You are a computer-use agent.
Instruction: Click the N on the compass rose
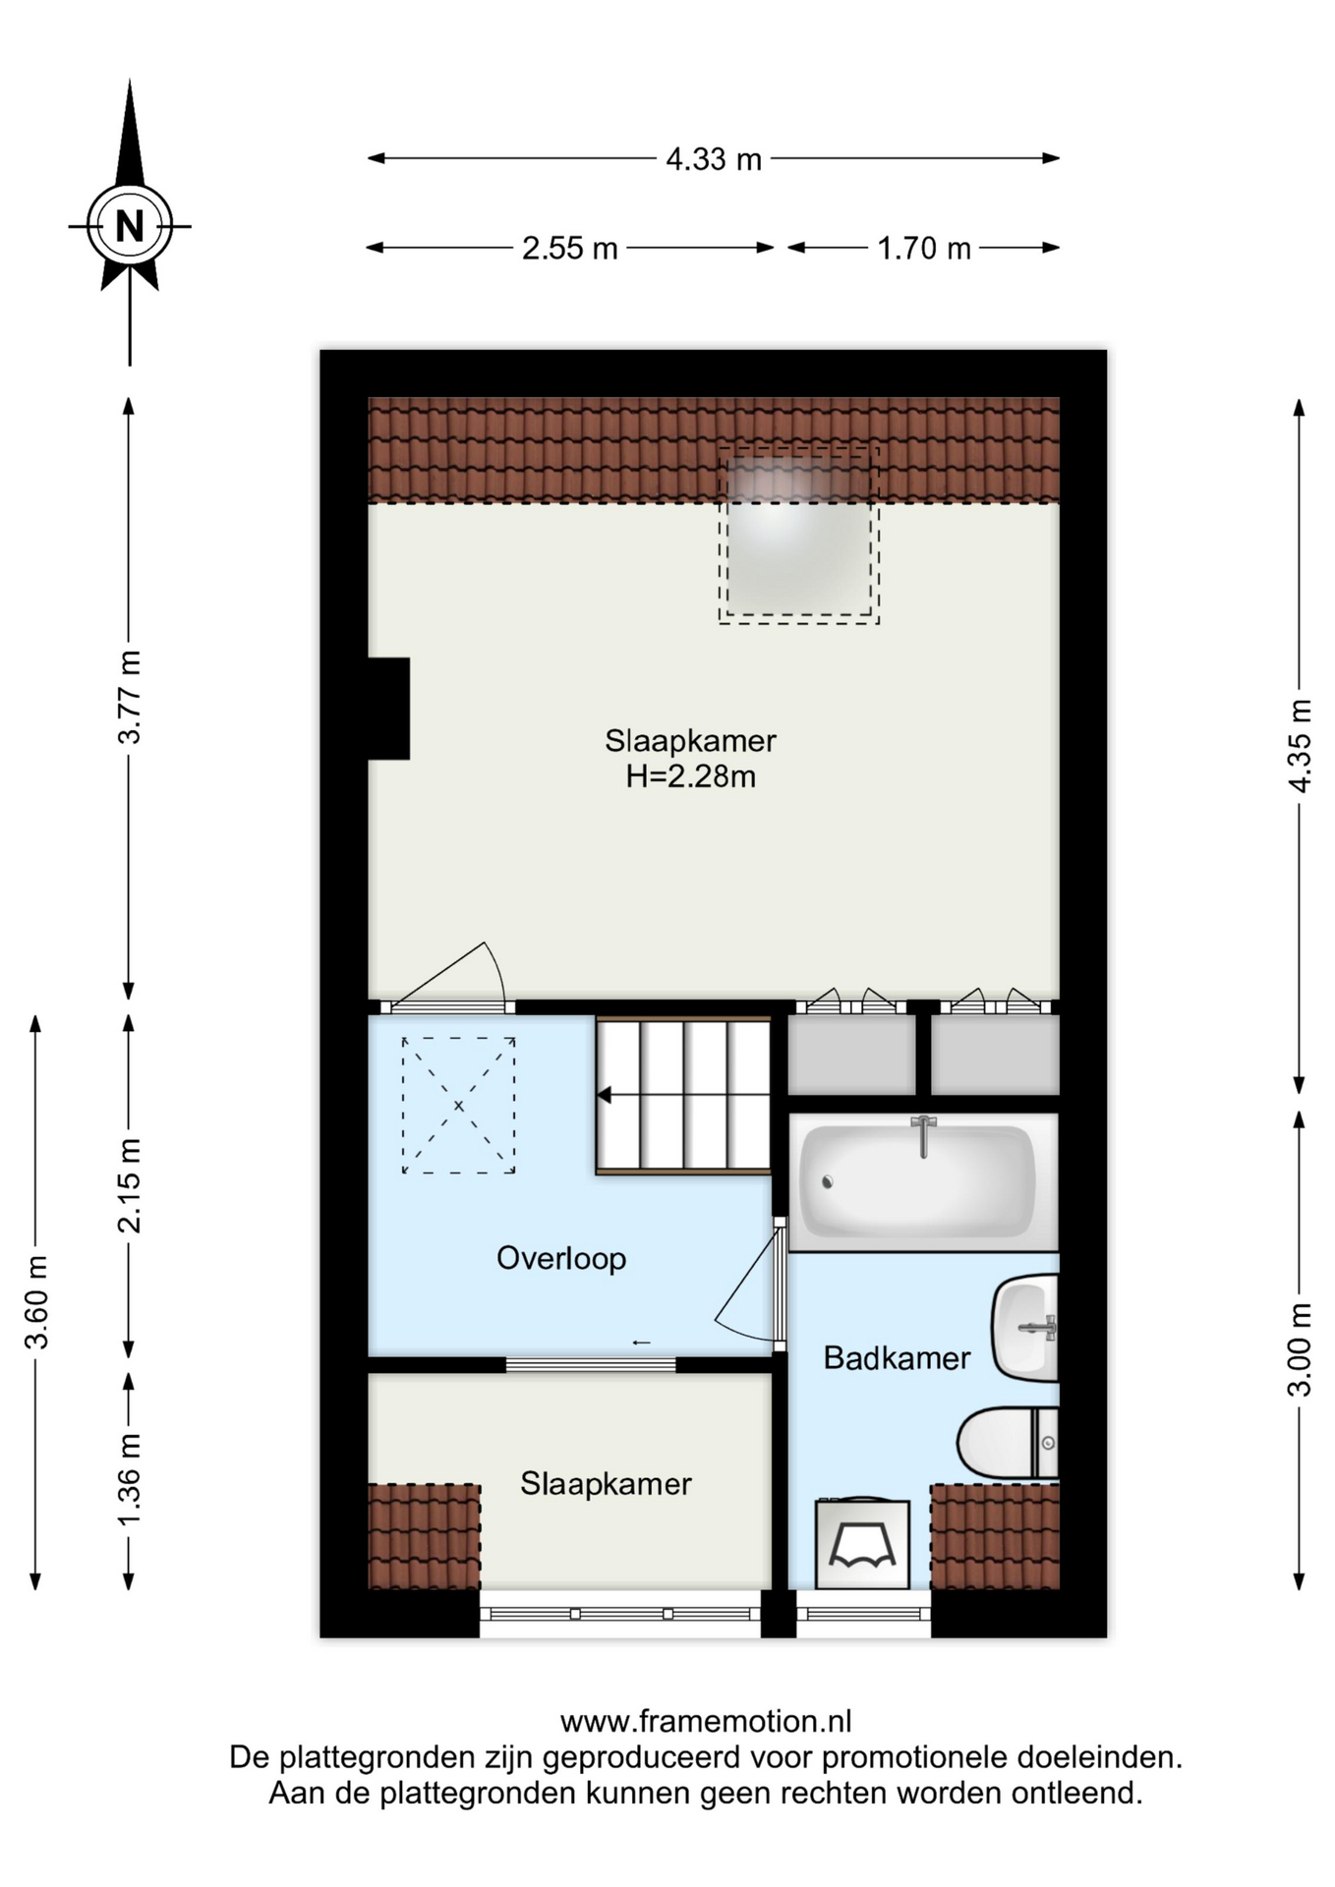(x=130, y=227)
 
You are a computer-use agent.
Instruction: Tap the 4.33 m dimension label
(x=714, y=159)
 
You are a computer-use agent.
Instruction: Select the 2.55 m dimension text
(x=570, y=249)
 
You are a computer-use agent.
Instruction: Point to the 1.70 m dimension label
(x=924, y=249)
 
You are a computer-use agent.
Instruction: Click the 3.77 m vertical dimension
(x=130, y=696)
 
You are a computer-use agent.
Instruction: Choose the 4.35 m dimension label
(x=1300, y=745)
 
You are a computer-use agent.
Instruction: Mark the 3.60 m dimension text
(x=36, y=1302)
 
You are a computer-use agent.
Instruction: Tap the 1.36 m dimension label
(x=130, y=1478)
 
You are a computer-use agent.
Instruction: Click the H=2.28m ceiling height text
(x=691, y=777)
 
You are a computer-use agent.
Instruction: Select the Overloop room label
(x=561, y=1258)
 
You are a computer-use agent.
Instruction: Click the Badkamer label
(x=897, y=1358)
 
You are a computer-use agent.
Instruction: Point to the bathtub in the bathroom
(x=922, y=1181)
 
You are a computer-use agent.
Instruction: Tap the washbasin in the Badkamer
(x=1025, y=1328)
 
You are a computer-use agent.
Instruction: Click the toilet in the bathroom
(x=1009, y=1443)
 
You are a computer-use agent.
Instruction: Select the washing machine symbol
(x=862, y=1543)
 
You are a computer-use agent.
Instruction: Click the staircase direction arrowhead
(x=604, y=1095)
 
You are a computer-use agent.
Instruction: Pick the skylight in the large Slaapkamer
(x=798, y=535)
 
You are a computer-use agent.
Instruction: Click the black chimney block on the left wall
(x=388, y=708)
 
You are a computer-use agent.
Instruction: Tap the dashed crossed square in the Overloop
(x=458, y=1106)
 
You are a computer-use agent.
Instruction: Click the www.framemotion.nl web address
(x=706, y=1721)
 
